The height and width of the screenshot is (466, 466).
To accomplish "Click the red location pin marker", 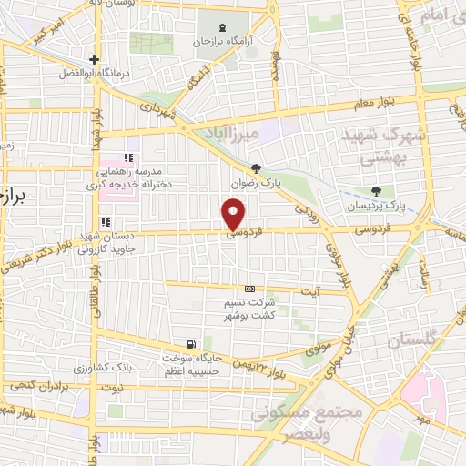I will point(234,216).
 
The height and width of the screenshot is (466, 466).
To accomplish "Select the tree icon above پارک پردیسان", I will point(377,190).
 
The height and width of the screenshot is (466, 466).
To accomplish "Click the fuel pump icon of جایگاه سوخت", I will point(190,344).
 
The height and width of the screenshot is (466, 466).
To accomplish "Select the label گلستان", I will point(415,342).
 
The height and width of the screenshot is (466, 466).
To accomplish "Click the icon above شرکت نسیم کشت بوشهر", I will point(249,289).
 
